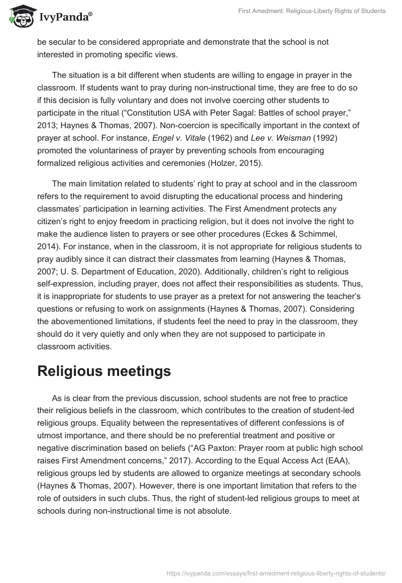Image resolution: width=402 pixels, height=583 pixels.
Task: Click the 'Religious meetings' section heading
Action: [104, 371]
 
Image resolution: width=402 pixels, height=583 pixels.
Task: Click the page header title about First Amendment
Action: [312, 11]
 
